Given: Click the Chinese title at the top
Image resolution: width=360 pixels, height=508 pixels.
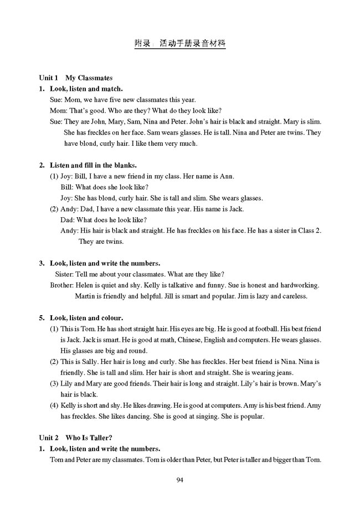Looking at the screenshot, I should [x=180, y=43].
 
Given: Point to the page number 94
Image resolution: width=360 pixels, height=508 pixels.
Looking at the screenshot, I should [x=179, y=480].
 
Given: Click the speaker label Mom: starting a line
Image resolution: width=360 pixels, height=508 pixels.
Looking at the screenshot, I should [x=58, y=110].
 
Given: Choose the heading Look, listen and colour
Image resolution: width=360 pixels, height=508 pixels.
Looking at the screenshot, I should [x=91, y=318].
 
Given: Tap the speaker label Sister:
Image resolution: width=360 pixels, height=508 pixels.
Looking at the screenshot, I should [x=66, y=274].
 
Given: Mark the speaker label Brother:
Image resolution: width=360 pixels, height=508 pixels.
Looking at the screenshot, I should [x=61, y=285].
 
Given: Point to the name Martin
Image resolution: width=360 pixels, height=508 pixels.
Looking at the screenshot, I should [x=86, y=296].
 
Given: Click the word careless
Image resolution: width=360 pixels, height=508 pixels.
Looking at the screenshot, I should [x=294, y=296].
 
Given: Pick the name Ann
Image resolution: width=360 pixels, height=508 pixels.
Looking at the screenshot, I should [x=228, y=176].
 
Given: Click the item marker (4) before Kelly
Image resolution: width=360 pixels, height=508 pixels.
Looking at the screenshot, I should [x=54, y=406].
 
